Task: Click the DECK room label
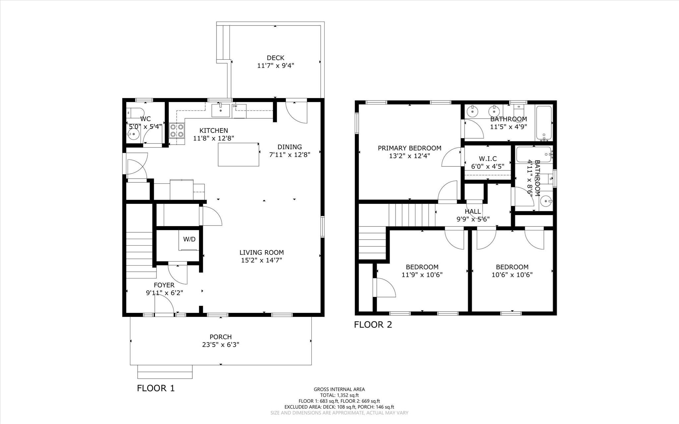276,58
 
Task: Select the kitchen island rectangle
238,154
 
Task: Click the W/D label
189,239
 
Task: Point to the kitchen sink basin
221,110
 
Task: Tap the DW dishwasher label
235,106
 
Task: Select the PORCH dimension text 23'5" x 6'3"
220,345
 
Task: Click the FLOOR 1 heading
155,388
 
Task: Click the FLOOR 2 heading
373,325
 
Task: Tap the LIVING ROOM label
262,253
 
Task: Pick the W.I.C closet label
488,159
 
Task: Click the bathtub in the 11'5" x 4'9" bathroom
544,123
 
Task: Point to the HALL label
473,212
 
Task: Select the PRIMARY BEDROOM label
409,148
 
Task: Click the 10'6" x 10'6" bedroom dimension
512,275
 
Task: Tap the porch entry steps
165,372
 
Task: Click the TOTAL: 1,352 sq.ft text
339,395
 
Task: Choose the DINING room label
289,147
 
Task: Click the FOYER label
164,285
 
